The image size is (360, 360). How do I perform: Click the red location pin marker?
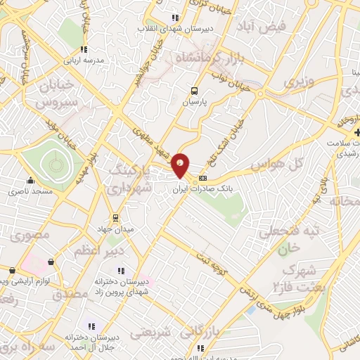181,165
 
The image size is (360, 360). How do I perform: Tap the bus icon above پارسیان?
195,90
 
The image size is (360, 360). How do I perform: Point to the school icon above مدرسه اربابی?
84,49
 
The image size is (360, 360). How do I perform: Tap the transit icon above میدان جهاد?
116,217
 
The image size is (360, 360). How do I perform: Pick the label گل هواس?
288,165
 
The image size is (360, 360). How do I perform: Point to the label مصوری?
32,236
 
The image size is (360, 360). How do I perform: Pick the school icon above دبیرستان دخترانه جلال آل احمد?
90,326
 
